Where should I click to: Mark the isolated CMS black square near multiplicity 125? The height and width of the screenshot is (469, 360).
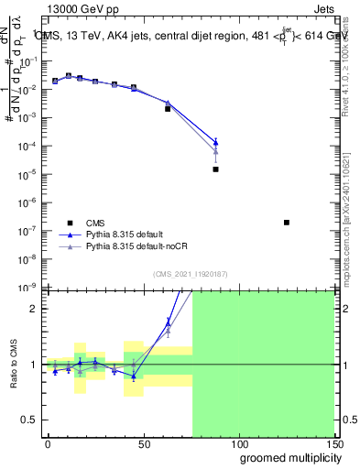(x=287, y=223)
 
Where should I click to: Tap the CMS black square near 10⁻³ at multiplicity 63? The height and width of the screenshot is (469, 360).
(x=168, y=109)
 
